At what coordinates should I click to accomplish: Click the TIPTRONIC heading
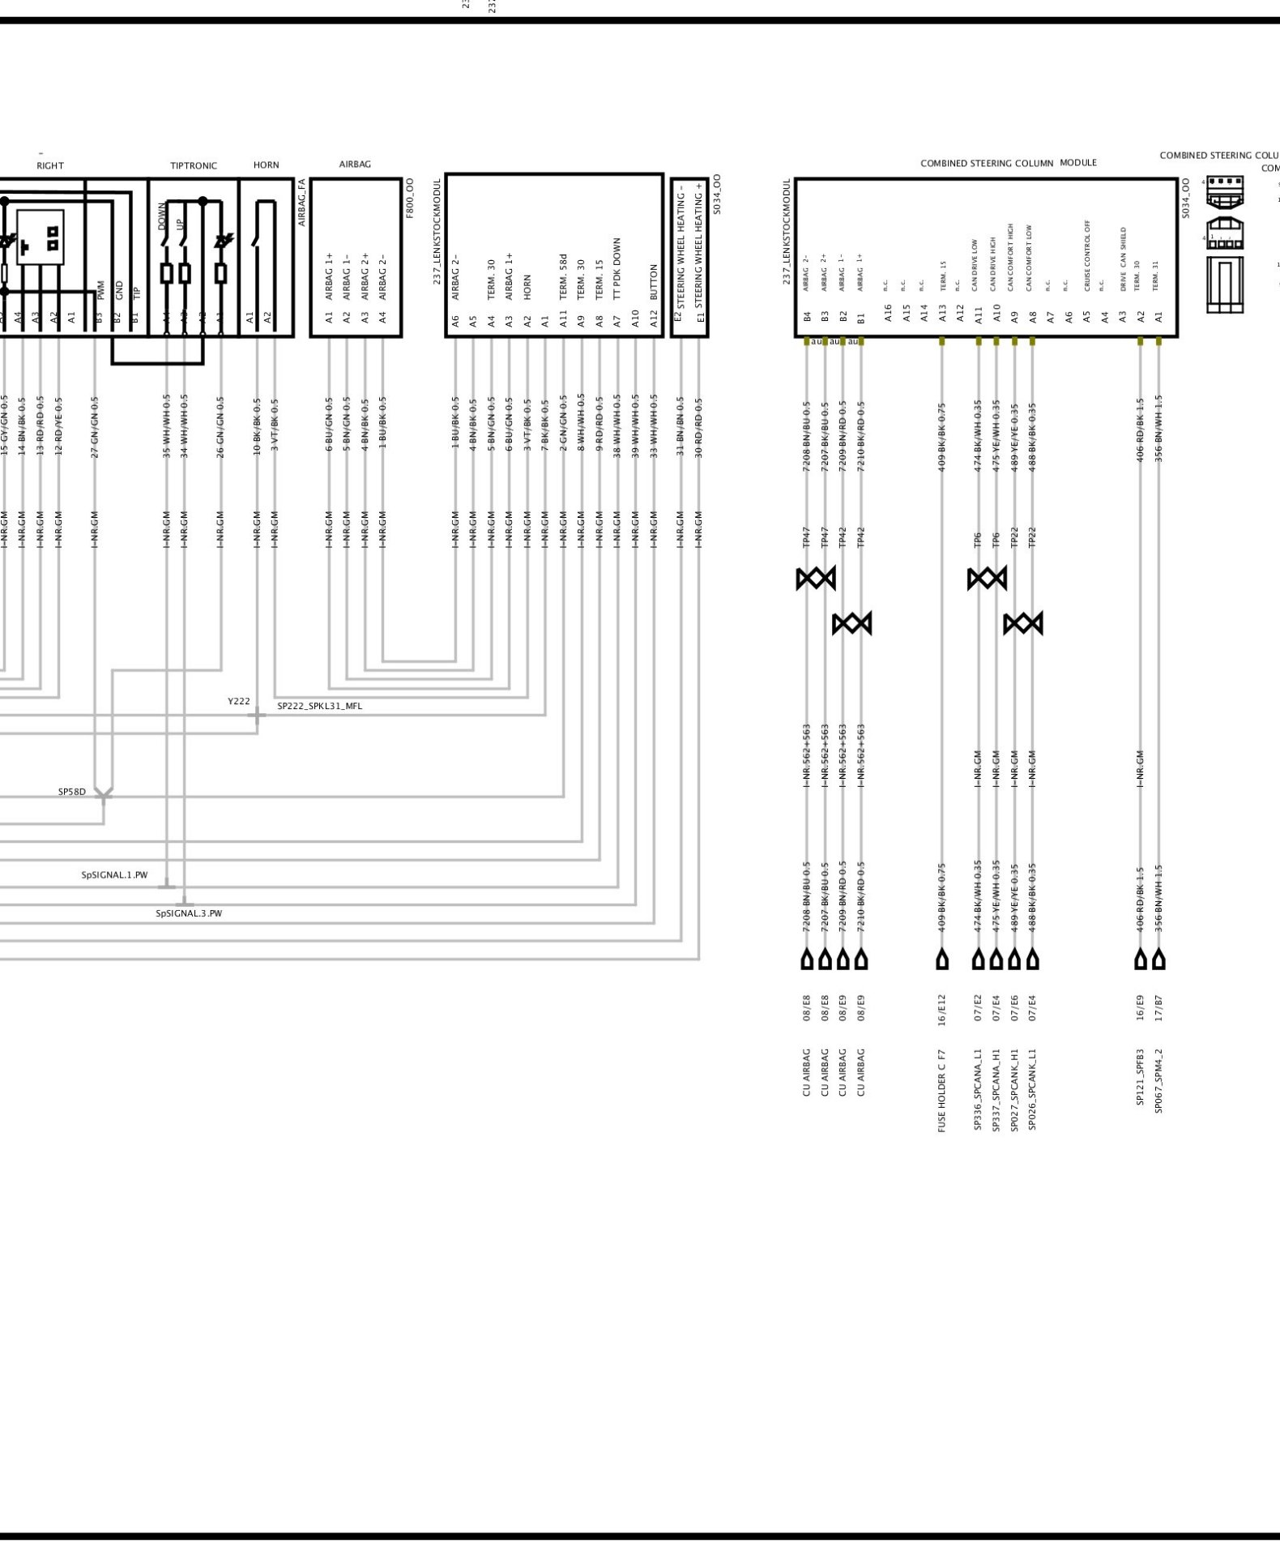(x=194, y=166)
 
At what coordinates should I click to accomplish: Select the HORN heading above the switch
(x=266, y=165)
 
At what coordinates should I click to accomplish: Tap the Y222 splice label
(x=239, y=701)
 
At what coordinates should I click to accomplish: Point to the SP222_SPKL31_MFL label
(x=320, y=706)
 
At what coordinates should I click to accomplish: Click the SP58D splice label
(x=72, y=792)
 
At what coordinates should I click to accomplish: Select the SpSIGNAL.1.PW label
(x=114, y=875)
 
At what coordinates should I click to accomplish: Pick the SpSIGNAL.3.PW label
(x=189, y=913)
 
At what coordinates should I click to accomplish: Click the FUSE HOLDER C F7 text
(x=942, y=1090)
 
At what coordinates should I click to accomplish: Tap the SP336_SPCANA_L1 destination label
(x=978, y=1089)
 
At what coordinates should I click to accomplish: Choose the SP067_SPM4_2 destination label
(x=1158, y=1081)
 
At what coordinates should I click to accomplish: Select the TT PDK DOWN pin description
(x=617, y=269)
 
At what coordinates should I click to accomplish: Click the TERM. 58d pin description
(x=563, y=276)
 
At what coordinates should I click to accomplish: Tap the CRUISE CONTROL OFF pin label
(x=1087, y=255)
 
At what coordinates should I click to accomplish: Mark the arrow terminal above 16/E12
(x=942, y=960)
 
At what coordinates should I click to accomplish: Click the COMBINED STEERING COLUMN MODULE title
(x=1009, y=163)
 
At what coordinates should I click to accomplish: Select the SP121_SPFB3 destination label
(x=1140, y=1077)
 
